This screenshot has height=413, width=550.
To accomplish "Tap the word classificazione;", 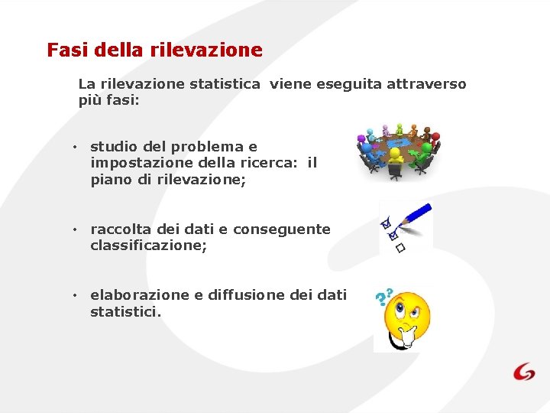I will click(x=148, y=246).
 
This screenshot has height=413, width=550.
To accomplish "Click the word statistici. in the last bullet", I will click(x=126, y=312).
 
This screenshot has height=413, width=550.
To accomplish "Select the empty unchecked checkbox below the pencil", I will click(x=400, y=249).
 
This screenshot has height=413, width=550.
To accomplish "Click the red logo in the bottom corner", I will click(x=524, y=371).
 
